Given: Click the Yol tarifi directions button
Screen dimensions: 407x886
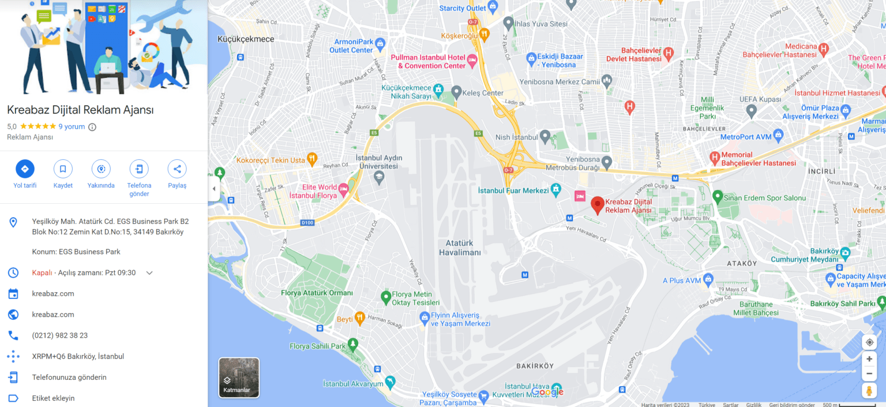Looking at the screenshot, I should [25, 169].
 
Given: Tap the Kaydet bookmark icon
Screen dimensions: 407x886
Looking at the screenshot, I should [63, 169].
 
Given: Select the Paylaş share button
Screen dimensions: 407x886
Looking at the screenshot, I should [177, 169].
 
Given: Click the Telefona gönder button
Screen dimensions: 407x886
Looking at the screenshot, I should [139, 169].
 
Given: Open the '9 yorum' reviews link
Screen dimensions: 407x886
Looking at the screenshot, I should [72, 126].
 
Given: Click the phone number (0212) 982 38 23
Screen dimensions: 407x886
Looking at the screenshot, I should [60, 335].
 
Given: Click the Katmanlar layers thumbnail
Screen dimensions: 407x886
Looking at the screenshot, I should [239, 378].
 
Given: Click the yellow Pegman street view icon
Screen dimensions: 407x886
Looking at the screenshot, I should [869, 391].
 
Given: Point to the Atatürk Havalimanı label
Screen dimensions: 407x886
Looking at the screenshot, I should [460, 248].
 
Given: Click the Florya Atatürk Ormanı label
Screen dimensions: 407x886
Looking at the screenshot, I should [317, 293].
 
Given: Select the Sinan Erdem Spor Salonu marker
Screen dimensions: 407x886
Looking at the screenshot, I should [717, 197].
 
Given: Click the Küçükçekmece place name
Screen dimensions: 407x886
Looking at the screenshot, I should [246, 39].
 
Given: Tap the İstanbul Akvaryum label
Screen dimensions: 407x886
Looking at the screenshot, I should [353, 384].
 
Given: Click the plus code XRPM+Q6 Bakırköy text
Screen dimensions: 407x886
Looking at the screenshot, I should [78, 356].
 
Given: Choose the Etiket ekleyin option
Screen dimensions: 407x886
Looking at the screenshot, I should [53, 398].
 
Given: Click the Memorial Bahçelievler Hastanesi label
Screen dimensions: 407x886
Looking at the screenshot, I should [759, 159].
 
